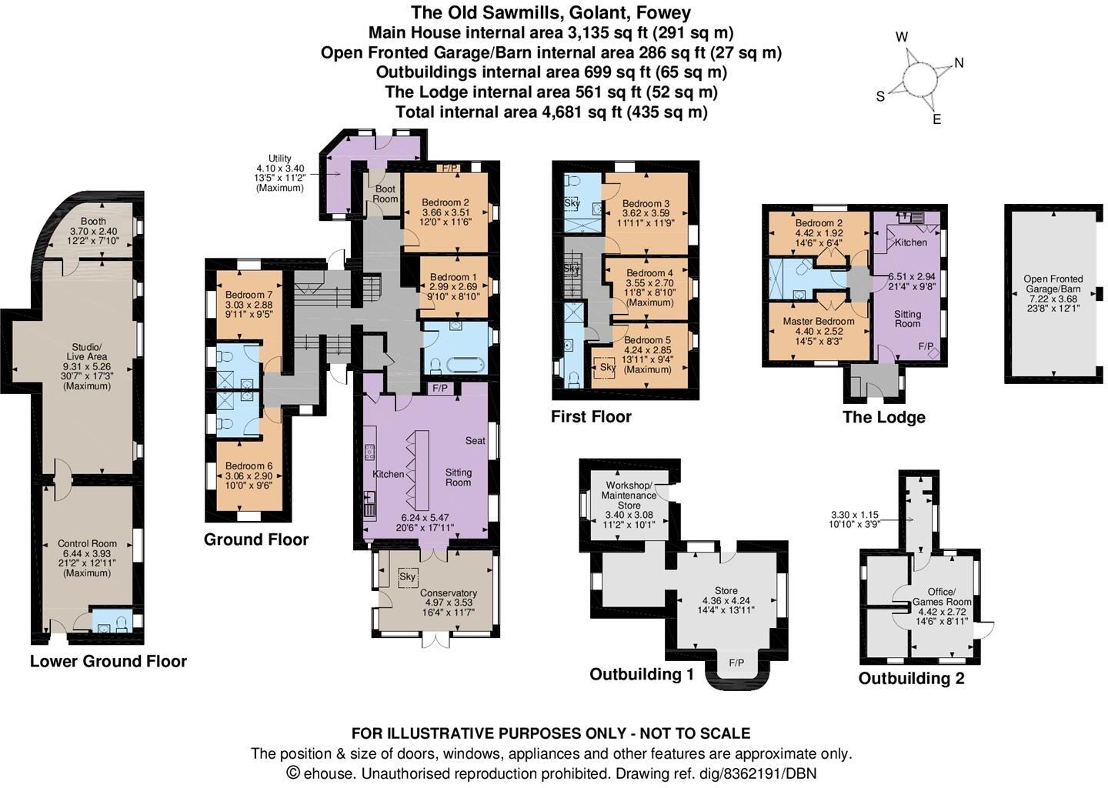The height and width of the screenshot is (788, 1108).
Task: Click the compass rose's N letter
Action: tap(959, 63)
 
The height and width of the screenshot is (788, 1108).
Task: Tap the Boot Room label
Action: tap(385, 193)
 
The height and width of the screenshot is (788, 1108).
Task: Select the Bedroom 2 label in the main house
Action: tap(445, 203)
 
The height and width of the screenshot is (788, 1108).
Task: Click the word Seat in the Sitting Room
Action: tap(475, 441)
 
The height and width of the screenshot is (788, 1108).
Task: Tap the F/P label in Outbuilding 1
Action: tap(736, 663)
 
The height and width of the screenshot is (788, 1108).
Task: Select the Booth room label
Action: tap(88, 222)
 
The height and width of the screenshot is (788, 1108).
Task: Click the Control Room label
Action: tap(87, 543)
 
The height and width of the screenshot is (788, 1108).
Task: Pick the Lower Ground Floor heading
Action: tap(108, 661)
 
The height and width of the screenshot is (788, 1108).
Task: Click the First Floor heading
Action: tap(591, 416)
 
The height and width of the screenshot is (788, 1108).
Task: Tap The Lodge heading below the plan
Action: tap(883, 417)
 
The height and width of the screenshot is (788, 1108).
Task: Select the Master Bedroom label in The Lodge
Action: tap(819, 321)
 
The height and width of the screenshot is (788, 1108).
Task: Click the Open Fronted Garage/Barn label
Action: tap(1053, 284)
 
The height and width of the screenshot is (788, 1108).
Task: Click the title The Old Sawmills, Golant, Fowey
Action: tap(550, 12)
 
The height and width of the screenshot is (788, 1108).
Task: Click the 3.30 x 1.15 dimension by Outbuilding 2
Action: tap(854, 515)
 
